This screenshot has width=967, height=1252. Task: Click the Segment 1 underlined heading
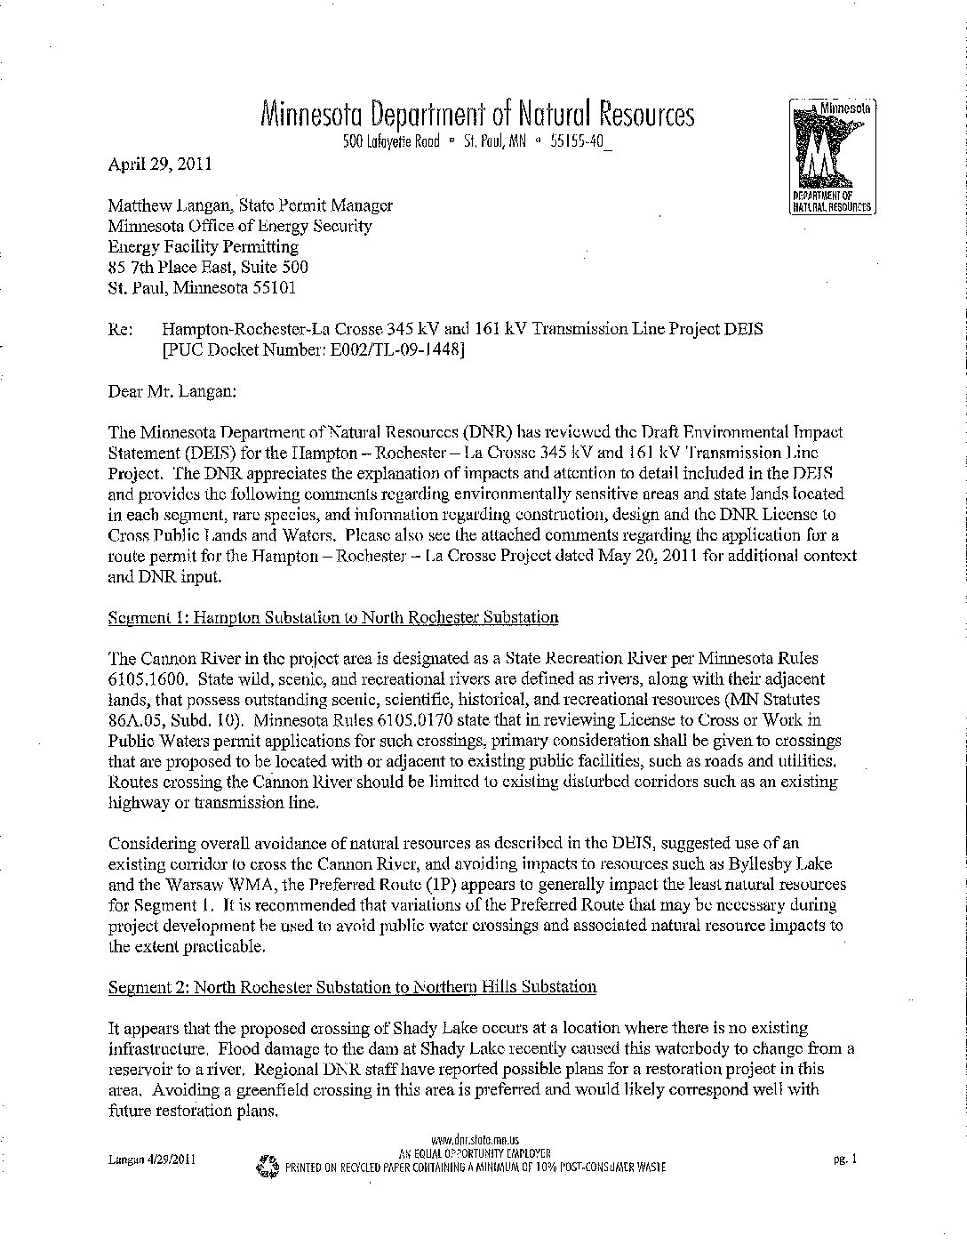pyautogui.click(x=333, y=617)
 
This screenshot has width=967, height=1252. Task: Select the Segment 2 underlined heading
pyautogui.click(x=352, y=987)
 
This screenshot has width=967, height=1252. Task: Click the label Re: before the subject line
pyautogui.click(x=120, y=329)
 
